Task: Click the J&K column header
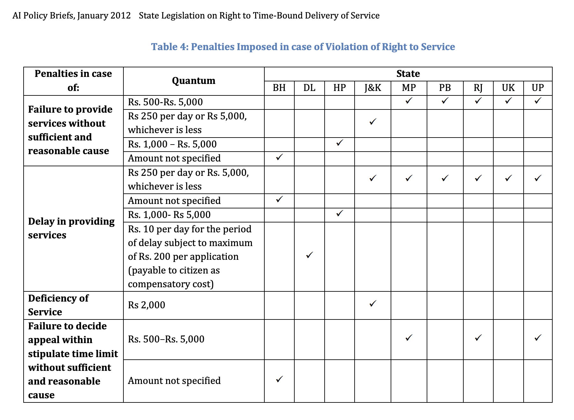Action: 372,88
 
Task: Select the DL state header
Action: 309,88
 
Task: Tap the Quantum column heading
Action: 194,81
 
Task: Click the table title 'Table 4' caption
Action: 303,47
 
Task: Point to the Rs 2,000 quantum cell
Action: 147,305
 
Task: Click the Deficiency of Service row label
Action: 58,305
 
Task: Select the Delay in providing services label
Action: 71,228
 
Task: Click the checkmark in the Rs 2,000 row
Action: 373,304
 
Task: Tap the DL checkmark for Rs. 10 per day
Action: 309,255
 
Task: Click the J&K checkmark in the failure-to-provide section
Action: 373,122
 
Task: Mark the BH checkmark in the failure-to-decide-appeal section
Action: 279,379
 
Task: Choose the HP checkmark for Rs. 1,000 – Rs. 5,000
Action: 340,143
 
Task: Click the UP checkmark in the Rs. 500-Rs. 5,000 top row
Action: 538,101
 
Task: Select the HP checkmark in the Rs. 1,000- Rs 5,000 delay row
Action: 340,213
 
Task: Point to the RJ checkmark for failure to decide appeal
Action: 478,338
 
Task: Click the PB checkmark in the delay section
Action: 445,178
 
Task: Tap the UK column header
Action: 508,88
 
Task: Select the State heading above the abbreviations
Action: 408,74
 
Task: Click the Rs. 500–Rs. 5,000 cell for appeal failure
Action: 166,339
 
